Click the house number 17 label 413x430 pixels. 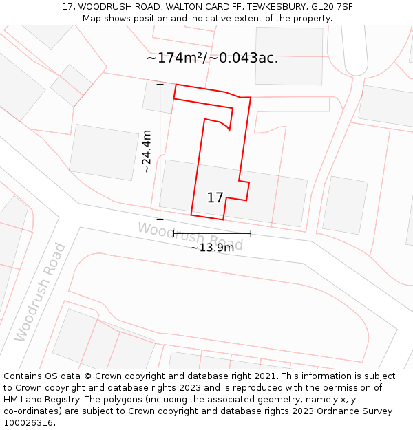coord(215,198)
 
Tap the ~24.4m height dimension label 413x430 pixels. coord(146,151)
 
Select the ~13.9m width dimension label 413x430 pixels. coord(212,248)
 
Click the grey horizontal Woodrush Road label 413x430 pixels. coord(190,236)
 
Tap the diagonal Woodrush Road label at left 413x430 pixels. coord(40,292)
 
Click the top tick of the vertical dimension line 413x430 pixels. coord(160,85)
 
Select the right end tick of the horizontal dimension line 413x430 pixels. coord(251,233)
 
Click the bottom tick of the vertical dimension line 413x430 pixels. coord(160,219)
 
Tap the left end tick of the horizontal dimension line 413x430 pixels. coord(173,233)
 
